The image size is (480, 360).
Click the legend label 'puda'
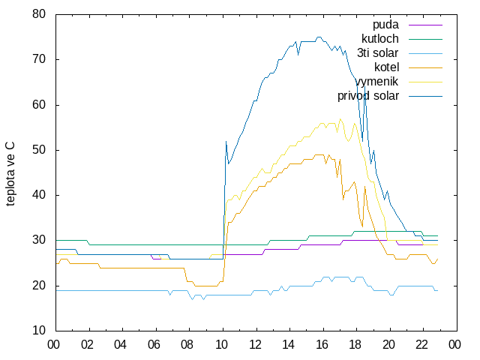pos(385,25)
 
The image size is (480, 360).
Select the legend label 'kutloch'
pos(380,39)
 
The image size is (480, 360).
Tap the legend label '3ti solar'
pos(377,53)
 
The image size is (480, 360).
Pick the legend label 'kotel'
pos(386,67)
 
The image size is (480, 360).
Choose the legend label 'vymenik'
pos(376,82)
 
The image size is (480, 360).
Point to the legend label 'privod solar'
pos(368,96)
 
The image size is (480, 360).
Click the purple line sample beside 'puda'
pos(425,25)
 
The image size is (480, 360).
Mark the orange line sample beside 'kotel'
pos(425,67)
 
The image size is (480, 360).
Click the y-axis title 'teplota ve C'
pos(10,173)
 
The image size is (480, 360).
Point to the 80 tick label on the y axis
pos(39,14)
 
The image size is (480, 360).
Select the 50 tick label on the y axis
pos(39,150)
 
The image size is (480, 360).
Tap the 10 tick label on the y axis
pos(39,331)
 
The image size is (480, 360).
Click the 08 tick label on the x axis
pos(187,345)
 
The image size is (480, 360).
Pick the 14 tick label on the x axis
pos(288,345)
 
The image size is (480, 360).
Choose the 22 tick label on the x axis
pos(421,345)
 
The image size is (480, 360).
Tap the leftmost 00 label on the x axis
pos(53,345)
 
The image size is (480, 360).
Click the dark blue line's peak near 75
pos(319,37)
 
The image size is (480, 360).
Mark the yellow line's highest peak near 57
pos(340,118)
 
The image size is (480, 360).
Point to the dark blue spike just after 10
pos(226,142)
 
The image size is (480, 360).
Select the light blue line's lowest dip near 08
pos(193,299)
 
